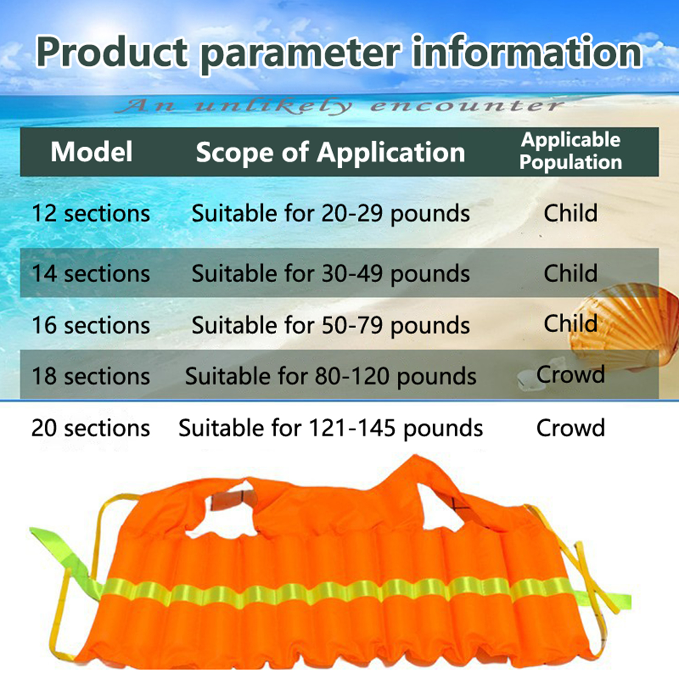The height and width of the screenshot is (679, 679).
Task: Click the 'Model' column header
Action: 91,152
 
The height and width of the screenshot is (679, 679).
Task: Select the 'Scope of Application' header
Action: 330,153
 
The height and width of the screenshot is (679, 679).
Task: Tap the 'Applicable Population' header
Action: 571,151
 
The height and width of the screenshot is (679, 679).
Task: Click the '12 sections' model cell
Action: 91,213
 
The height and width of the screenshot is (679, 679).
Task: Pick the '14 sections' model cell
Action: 91,273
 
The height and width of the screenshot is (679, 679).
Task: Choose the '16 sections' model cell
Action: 91,325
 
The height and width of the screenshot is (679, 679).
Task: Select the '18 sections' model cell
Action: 91,376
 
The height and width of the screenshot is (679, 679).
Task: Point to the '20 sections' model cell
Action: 91,428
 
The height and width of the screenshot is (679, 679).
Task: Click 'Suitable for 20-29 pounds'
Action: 331,213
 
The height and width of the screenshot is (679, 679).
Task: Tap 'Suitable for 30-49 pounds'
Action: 331,274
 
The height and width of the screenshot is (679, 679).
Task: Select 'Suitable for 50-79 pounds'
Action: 331,326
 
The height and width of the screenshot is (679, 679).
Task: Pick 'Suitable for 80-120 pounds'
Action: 331,377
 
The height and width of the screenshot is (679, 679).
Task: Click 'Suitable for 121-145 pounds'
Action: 331,428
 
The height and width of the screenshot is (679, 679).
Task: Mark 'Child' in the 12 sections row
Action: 571,213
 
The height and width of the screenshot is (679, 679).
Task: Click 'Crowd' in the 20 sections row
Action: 571,428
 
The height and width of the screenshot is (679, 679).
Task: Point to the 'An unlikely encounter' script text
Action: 339,105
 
